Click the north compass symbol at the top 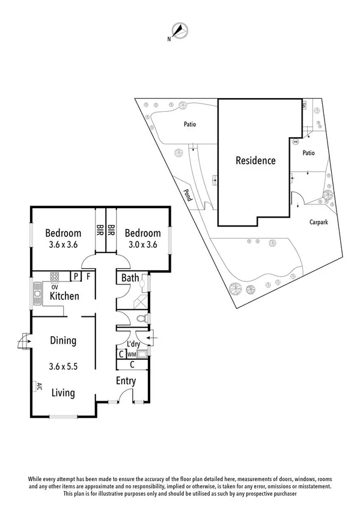point(180,31)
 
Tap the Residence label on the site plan point(255,161)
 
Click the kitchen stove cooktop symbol point(53,277)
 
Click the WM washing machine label point(131,355)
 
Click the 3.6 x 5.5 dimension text point(63,364)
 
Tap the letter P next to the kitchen point(76,277)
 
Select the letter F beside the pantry point(88,277)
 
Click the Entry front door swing point(126,395)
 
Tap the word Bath point(130,278)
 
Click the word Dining point(63,340)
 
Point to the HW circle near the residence point(295,143)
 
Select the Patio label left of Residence point(190,125)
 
